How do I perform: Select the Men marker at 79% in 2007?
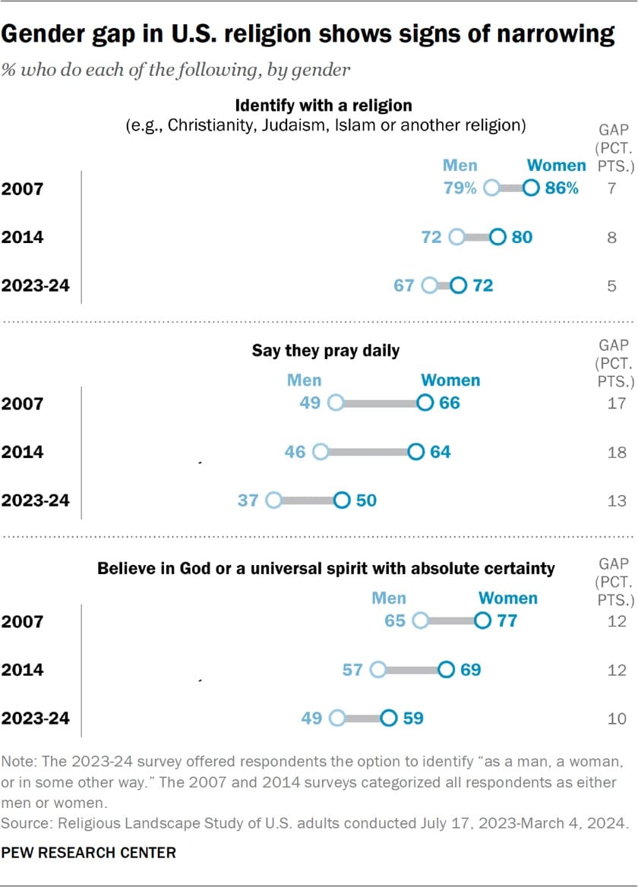coord(491,188)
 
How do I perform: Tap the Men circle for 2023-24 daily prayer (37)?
coord(273,500)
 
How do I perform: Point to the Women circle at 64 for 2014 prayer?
coord(415,452)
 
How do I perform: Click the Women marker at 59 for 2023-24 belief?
coord(388,718)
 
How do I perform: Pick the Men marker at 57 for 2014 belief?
coord(377,670)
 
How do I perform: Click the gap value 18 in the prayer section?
coord(617,453)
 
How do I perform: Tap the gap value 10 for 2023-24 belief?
coord(617,718)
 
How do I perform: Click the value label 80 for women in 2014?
coord(522,237)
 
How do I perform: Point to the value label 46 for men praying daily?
coord(295,452)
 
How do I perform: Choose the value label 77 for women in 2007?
coord(507,621)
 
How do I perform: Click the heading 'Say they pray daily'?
coord(326,351)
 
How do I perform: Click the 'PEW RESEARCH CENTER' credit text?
coord(88,853)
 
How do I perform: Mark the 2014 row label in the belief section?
coord(23,670)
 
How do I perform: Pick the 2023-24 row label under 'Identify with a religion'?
coord(35,286)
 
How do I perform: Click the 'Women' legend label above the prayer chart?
coord(450,380)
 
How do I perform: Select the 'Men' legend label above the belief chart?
coord(388,598)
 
